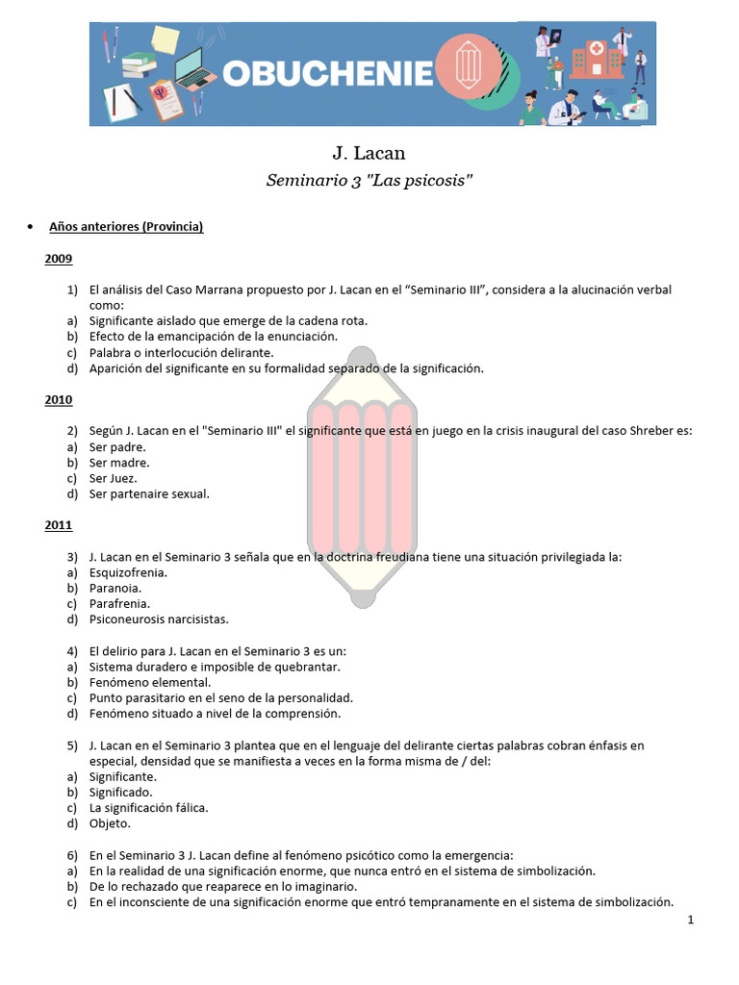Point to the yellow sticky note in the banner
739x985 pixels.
164,39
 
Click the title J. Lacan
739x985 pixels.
369,154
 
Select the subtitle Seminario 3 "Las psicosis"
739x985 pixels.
369,182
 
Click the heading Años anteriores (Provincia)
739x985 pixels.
126,227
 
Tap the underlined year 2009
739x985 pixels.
58,259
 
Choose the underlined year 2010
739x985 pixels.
58,399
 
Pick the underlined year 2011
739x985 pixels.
58,525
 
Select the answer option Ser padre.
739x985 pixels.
117,447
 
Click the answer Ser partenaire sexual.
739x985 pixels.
149,494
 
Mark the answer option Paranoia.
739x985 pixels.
115,588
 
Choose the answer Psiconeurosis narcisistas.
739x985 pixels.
159,619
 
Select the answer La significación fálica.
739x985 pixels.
148,808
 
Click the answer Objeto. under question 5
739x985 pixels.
111,823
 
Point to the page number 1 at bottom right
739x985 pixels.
691,921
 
